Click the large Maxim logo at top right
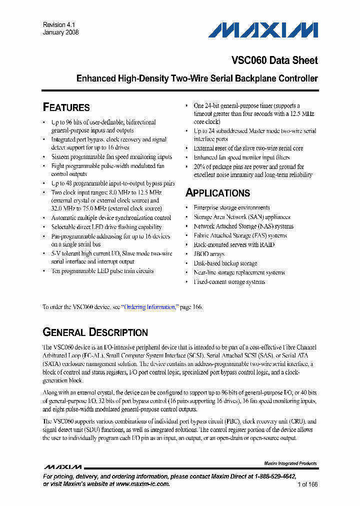click(263, 30)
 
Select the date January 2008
click(60, 32)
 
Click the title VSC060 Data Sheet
click(274, 60)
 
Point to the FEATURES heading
click(66, 107)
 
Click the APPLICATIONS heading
click(217, 193)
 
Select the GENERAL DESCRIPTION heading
click(95, 332)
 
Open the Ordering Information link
click(150, 307)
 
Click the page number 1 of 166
click(307, 484)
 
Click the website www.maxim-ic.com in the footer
click(142, 484)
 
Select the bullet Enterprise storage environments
click(231, 207)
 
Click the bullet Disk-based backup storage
click(225, 263)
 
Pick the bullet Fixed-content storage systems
click(229, 282)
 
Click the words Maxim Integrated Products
click(290, 463)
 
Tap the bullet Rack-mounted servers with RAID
click(234, 244)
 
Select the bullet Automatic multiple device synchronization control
click(111, 218)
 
